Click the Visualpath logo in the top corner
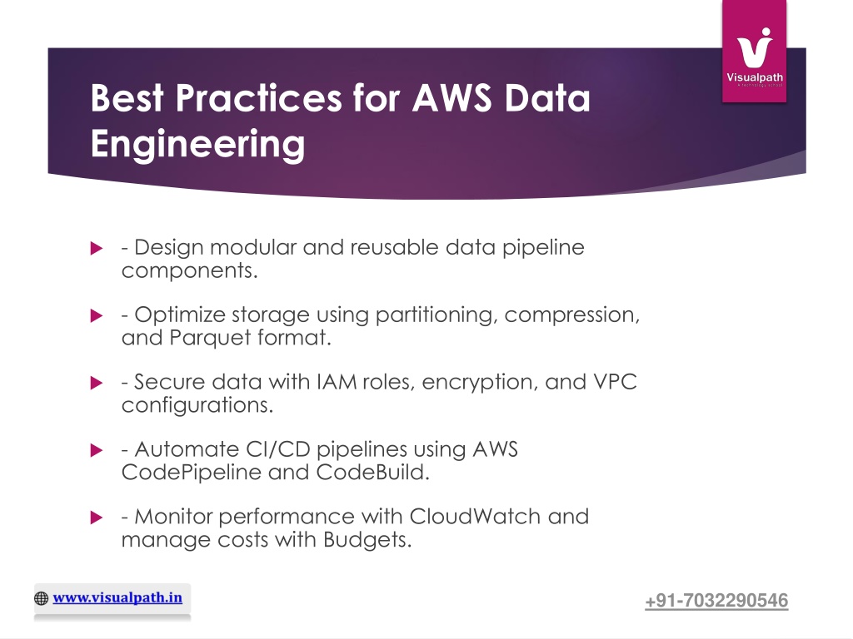755,52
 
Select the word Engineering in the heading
197,144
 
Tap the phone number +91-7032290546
716,601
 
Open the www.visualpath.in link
117,597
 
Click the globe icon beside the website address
42,598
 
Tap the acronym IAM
336,383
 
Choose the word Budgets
371,541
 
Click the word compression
572,315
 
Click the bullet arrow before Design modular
96,249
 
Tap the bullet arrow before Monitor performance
96,518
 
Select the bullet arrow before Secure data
96,384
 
